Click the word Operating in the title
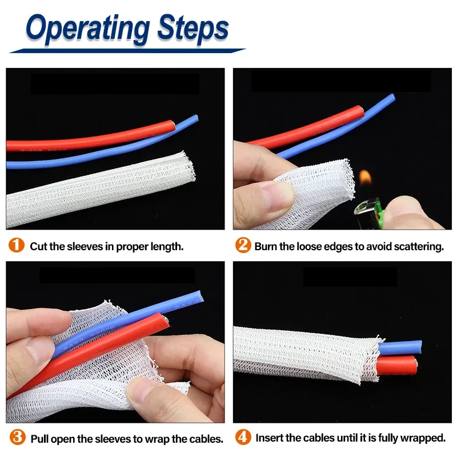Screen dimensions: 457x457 [88, 30]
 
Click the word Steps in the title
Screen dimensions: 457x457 [193, 30]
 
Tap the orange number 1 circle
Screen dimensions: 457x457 [17, 245]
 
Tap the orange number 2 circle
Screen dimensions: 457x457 [243, 245]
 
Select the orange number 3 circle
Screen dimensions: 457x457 [18, 437]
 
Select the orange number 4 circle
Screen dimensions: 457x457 [243, 437]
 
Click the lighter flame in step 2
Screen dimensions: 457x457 [365, 177]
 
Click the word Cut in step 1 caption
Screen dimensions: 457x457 [39, 247]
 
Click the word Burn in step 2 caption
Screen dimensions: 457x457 [266, 247]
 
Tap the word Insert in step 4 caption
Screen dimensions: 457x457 [269, 438]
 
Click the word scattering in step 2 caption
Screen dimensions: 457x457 [419, 247]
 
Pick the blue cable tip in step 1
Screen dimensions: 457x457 [196, 119]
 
